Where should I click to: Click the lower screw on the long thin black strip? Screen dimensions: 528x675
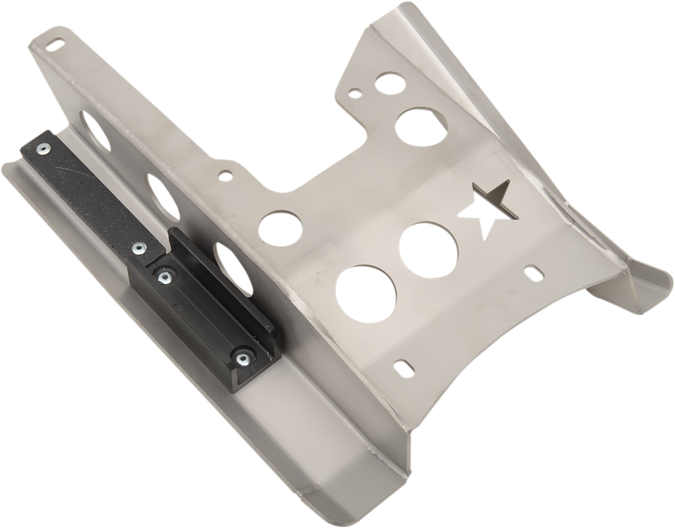coord(139,247)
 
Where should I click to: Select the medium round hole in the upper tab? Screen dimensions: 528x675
coord(413,127)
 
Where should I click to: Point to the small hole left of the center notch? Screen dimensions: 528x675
coord(225,173)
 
